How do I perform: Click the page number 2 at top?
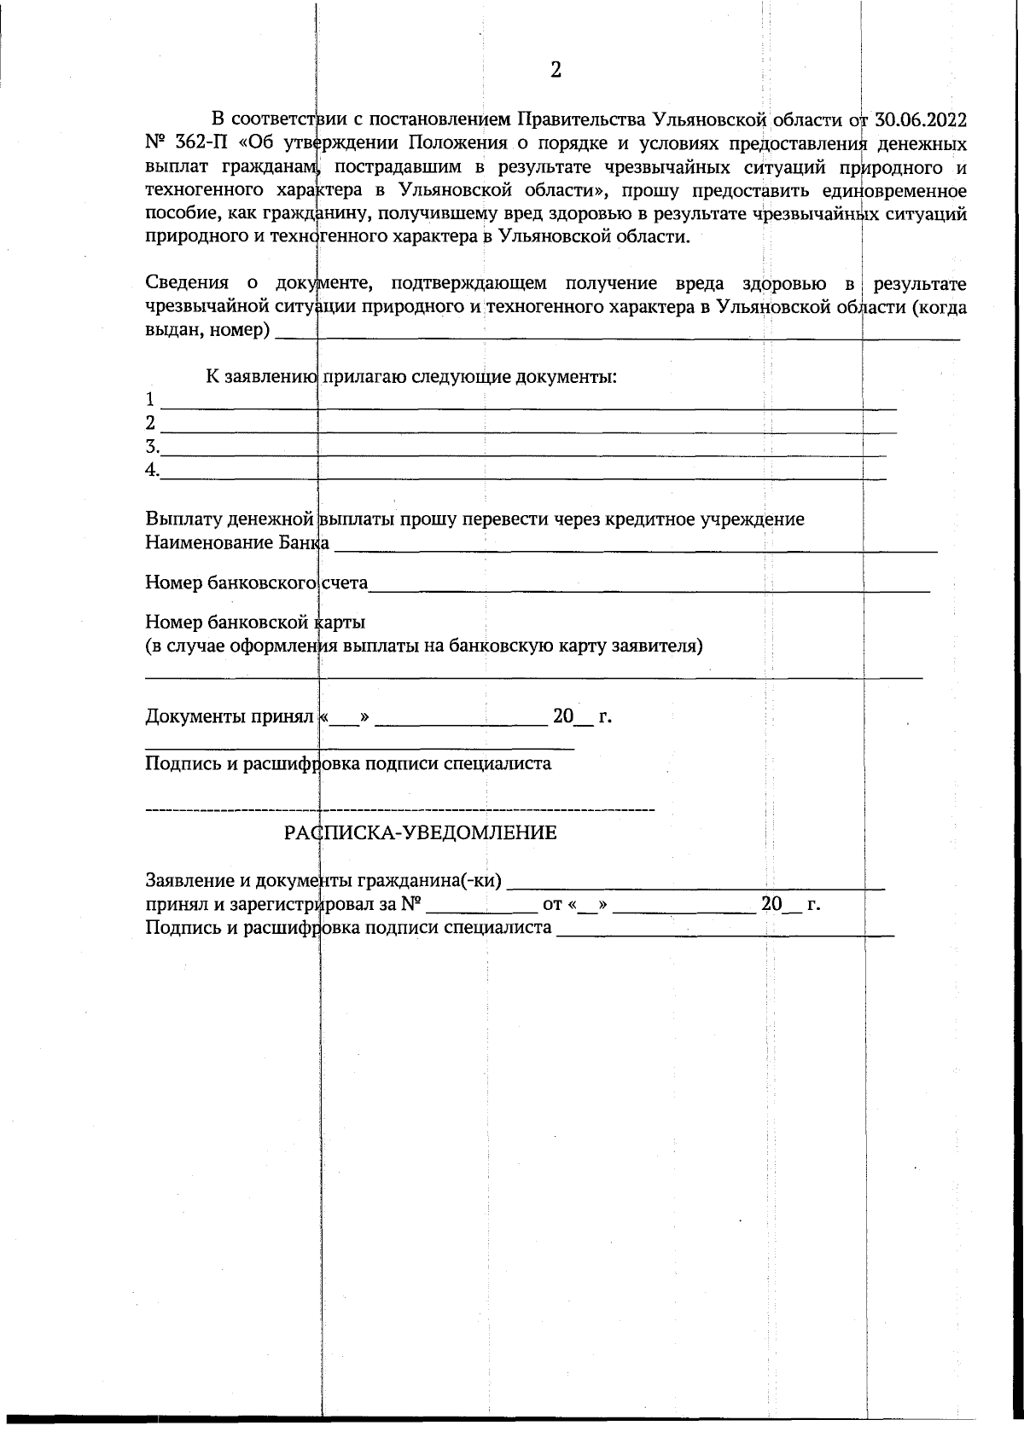pos(556,70)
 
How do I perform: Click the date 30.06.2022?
pos(921,119)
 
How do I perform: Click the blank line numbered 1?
pos(529,407)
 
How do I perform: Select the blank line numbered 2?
pos(529,431)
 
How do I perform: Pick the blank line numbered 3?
pos(525,454)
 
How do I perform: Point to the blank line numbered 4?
pos(525,477)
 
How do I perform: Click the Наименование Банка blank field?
pos(636,550)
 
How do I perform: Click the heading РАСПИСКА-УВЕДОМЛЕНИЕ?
pos(421,833)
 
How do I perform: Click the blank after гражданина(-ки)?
pos(700,887)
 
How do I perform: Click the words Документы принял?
pos(230,716)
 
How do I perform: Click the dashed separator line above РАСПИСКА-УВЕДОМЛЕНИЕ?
pos(399,808)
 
